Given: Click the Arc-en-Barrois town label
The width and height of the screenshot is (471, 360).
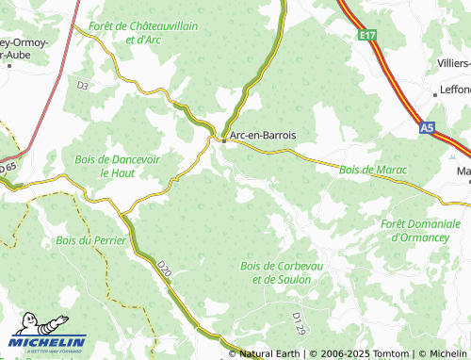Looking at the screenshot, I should point(263,136).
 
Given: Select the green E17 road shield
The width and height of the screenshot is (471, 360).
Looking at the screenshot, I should point(367,35).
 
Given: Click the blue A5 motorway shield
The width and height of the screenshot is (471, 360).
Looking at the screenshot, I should point(428,124).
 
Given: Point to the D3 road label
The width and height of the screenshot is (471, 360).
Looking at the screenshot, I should point(82,86).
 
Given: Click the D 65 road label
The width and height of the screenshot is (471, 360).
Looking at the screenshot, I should point(8,167).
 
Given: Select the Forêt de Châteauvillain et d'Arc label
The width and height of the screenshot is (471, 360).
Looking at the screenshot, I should point(142,34).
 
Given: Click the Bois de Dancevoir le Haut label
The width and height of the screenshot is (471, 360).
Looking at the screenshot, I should point(117,167).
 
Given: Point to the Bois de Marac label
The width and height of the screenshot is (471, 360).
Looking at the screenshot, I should point(372,169).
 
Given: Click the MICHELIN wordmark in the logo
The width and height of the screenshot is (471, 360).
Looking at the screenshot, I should point(49,342).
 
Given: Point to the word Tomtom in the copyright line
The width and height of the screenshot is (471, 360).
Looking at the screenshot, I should point(386,353).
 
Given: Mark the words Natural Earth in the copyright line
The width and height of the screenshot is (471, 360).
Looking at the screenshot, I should point(270,353).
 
